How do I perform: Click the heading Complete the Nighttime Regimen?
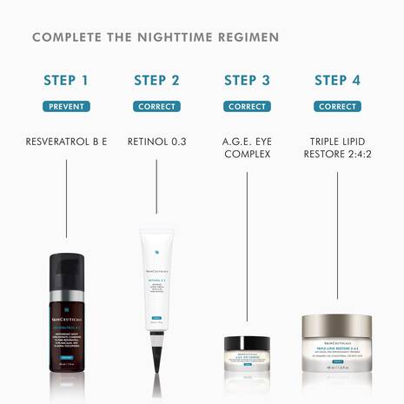(x=155, y=37)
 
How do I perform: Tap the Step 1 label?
(x=66, y=81)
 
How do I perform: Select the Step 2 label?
(x=156, y=81)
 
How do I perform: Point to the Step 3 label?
(x=247, y=81)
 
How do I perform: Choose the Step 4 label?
(x=337, y=81)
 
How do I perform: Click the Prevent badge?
(x=66, y=107)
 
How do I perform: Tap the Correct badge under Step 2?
(x=156, y=107)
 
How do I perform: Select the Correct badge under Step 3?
(x=247, y=107)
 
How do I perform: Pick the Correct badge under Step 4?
(x=337, y=107)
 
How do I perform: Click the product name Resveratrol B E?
(x=66, y=139)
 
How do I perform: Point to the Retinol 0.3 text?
(x=156, y=139)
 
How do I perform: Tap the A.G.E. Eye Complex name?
(x=247, y=147)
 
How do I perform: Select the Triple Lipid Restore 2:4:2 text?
(x=337, y=147)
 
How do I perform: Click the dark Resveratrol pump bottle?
(x=66, y=313)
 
